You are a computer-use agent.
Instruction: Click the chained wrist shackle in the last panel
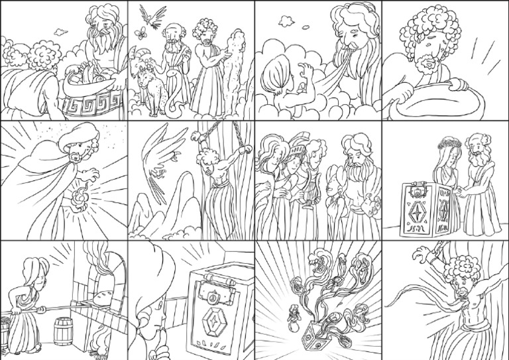pyautogui.click(x=427, y=254)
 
